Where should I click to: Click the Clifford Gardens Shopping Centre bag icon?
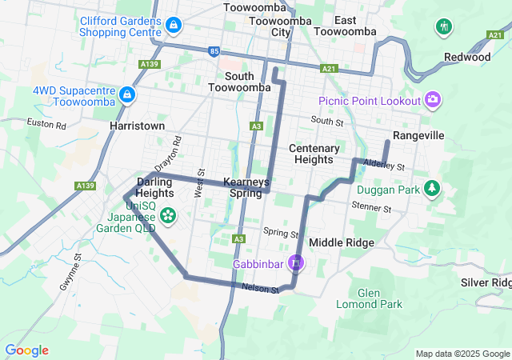point(174,26)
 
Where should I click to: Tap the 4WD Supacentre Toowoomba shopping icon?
point(126,97)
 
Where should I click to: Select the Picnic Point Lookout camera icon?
point(433,100)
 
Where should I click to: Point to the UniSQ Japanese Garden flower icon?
point(168,214)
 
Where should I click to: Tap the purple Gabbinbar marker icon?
point(296,262)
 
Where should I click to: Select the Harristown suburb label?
point(138,126)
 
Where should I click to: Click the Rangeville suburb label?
point(418,136)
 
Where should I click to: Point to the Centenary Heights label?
point(314,154)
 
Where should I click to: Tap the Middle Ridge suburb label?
point(341,242)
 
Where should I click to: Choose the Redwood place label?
point(467,57)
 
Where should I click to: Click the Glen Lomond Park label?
point(380,298)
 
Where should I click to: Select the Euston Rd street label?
point(46,125)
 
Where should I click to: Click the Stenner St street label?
point(371,208)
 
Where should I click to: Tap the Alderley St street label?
point(385,165)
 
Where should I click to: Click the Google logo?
point(26,350)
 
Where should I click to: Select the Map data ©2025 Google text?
point(462,354)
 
